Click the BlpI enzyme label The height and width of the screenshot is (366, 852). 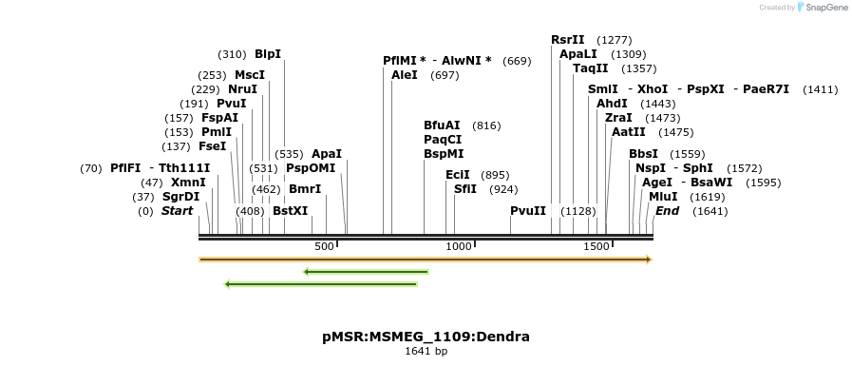coord(268,54)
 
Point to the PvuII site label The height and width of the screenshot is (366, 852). coord(528,210)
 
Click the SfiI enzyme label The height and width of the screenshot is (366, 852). coord(465,188)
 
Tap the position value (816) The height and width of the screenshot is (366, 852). coord(486,125)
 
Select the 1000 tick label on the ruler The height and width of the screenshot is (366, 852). coord(460,247)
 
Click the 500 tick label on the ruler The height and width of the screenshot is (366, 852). coord(325,247)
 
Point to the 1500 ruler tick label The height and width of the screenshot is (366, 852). coord(596,247)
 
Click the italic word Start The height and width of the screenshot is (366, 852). coord(178,210)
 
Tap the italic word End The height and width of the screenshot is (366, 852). coord(667,210)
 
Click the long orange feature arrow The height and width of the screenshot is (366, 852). coord(425,259)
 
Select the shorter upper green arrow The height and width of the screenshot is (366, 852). coord(366,272)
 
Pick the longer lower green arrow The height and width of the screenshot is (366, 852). coord(320,283)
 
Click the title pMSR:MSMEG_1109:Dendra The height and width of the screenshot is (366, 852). coord(426,337)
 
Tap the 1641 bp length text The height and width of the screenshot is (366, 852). coord(426,352)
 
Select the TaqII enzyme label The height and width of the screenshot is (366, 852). coord(590,68)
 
